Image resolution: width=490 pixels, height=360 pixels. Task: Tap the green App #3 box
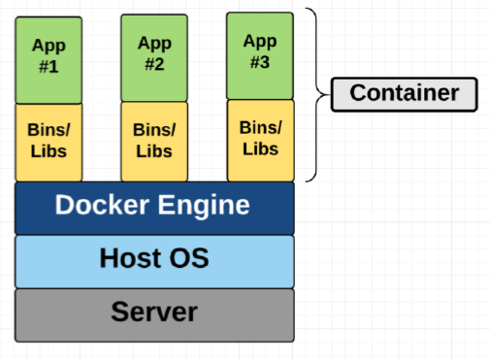point(260,55)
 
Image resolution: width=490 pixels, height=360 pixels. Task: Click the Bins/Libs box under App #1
point(48,142)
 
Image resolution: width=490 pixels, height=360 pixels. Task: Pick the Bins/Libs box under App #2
point(154,142)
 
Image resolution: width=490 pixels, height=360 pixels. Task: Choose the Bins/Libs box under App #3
point(260,140)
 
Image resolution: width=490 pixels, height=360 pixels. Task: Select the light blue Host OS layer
point(153,260)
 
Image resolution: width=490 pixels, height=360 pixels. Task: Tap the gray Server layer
point(153,314)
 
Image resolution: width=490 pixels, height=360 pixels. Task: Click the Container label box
point(405,94)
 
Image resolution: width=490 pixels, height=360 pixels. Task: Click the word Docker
point(102,207)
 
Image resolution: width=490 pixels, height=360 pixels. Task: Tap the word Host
point(132,259)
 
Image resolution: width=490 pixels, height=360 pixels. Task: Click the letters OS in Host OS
point(189,259)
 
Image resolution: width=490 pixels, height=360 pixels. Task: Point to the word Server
point(153,312)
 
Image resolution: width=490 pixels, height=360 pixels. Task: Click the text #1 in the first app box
point(48,67)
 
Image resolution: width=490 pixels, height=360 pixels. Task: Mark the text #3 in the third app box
point(260,63)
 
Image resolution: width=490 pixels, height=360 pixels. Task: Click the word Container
point(405,94)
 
